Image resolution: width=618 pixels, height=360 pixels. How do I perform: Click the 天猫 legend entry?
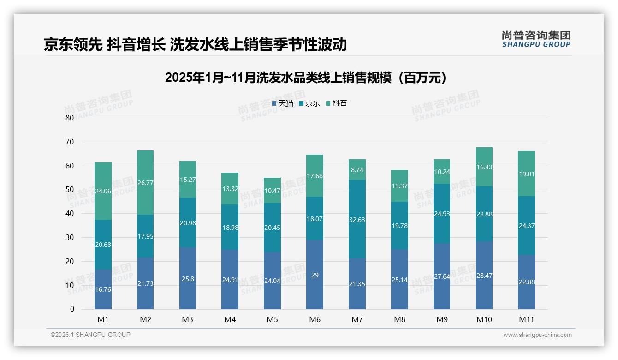pyautogui.click(x=283, y=103)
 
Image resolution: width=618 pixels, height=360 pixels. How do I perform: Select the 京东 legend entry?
pyautogui.click(x=309, y=103)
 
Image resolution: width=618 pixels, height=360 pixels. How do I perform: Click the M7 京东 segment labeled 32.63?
pyautogui.click(x=357, y=219)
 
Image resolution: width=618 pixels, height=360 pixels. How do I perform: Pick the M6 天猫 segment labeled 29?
pyautogui.click(x=315, y=275)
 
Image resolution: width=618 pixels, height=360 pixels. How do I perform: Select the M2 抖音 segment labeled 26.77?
pyautogui.click(x=145, y=183)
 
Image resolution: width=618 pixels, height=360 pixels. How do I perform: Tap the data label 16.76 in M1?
pyautogui.click(x=103, y=289)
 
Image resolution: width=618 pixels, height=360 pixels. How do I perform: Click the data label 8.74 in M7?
pyautogui.click(x=357, y=170)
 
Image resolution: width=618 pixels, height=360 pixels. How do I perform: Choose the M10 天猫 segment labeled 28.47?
pyautogui.click(x=484, y=275)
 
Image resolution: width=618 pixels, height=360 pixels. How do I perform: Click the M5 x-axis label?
pyautogui.click(x=272, y=319)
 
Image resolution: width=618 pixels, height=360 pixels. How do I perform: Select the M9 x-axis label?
pyautogui.click(x=442, y=319)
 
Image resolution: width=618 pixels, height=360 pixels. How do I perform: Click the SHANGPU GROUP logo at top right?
pyautogui.click(x=536, y=39)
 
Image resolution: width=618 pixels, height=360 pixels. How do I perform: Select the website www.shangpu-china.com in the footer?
pyautogui.click(x=537, y=335)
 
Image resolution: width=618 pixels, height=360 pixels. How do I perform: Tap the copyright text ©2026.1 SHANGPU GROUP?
pyautogui.click(x=90, y=335)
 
